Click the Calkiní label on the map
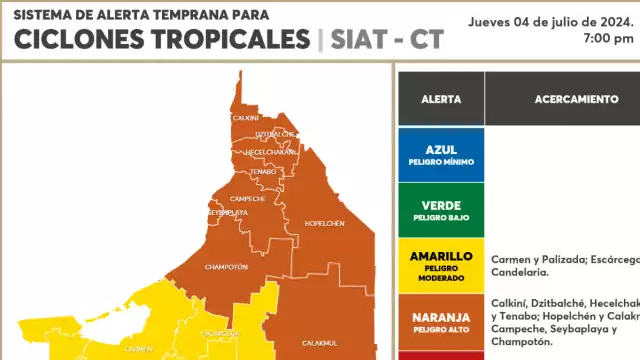pos(246,117)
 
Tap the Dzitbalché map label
pos(275,134)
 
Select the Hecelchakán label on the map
pos(271,151)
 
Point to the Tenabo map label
pos(263,171)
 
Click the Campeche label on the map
pos(247,198)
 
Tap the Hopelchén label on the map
pos(324,223)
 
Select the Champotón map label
pos(226,267)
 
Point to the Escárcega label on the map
pos(220,332)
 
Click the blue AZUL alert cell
pos(441,154)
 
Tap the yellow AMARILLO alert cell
pos(441,265)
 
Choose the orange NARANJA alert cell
pos(441,320)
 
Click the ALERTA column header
pos(441,100)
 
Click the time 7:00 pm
pos(609,38)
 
